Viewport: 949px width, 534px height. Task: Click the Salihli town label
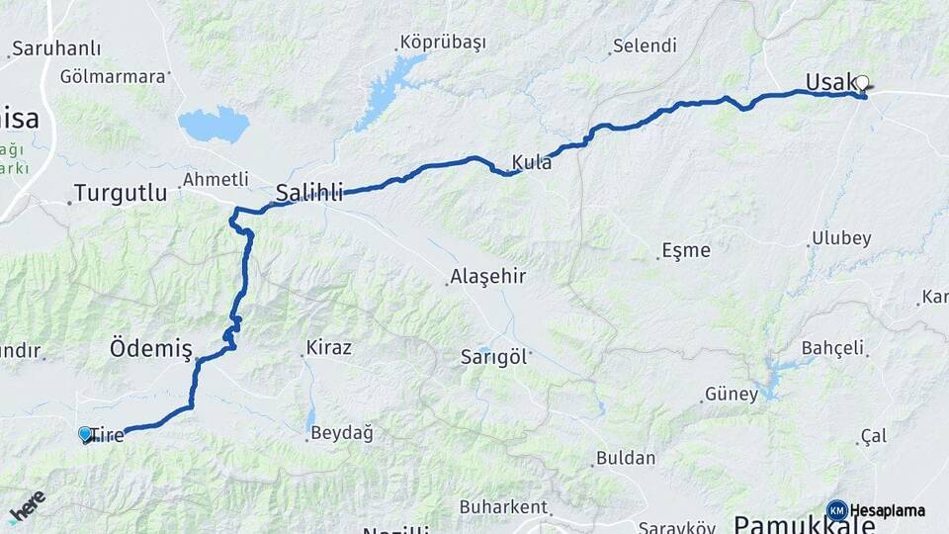(x=309, y=192)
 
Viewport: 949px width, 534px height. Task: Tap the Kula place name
(x=532, y=162)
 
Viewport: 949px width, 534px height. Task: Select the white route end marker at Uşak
(x=862, y=84)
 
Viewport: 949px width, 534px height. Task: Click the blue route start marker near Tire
(x=85, y=434)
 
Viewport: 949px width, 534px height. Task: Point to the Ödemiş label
(x=150, y=347)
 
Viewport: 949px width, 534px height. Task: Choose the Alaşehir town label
(x=487, y=276)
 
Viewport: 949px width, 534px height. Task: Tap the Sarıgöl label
(x=494, y=356)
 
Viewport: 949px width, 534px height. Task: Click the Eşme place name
(x=686, y=250)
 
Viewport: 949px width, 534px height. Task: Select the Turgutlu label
(x=122, y=193)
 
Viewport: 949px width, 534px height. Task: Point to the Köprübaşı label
(x=443, y=43)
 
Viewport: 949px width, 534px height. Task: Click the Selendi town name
(x=645, y=45)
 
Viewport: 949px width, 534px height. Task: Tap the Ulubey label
(x=841, y=238)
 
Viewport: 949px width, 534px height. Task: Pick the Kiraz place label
(x=329, y=348)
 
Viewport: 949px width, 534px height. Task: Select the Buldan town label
(x=626, y=458)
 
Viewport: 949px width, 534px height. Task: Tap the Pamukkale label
(x=803, y=524)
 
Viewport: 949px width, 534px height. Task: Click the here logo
(x=27, y=506)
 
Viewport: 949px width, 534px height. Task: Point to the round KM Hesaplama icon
(x=837, y=510)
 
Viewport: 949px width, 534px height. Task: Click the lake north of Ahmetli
(x=214, y=125)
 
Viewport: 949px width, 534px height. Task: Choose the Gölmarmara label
(x=112, y=76)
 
